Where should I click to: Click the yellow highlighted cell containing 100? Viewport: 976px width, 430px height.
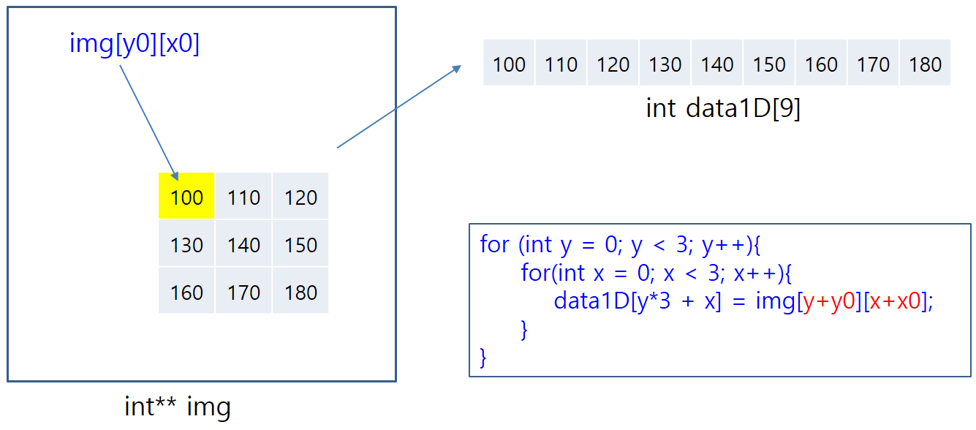(186, 196)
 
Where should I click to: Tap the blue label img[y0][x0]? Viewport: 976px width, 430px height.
(135, 44)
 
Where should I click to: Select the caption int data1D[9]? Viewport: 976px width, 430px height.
(723, 108)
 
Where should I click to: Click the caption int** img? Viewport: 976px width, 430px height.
(178, 407)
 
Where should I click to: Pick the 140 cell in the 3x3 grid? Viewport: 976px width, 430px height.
(243, 244)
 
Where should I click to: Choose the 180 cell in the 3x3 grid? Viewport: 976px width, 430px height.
(300, 293)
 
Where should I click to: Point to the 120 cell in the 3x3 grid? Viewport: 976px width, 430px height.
(300, 197)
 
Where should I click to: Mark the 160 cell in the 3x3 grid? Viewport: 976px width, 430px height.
(186, 293)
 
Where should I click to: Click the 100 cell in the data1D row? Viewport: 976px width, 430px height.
(509, 64)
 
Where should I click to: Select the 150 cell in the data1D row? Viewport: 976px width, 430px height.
(769, 64)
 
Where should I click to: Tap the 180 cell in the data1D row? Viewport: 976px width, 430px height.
(925, 64)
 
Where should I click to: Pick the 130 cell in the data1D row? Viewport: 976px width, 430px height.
(665, 64)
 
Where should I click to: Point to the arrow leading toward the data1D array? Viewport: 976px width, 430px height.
(398, 107)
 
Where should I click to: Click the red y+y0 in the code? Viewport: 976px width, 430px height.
(830, 301)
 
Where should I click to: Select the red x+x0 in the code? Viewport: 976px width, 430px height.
(895, 301)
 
